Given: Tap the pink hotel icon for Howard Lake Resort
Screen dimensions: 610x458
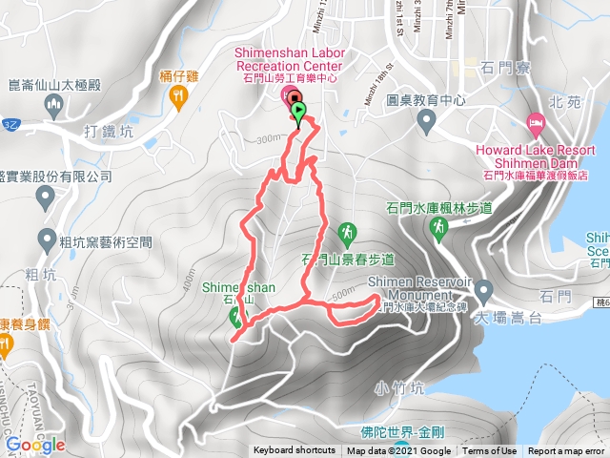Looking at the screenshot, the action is (x=535, y=123).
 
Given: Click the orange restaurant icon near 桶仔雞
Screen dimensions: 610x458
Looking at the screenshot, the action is (x=177, y=95).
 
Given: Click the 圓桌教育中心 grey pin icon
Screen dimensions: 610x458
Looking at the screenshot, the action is (x=425, y=119).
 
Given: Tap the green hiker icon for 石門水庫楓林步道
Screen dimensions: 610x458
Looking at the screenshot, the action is (x=438, y=228).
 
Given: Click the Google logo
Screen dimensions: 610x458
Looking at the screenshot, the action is (x=34, y=445).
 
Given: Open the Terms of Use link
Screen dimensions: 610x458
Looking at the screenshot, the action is (x=489, y=451).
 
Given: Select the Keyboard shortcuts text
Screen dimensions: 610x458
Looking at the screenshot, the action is (x=294, y=451).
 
